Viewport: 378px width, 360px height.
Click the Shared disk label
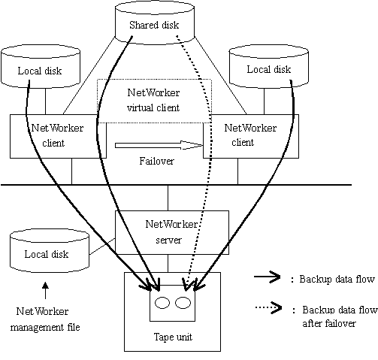tap(154, 25)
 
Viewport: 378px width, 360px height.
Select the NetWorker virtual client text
tap(153, 100)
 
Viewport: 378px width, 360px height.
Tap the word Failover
tap(156, 161)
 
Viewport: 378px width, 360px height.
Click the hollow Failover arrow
tap(159, 145)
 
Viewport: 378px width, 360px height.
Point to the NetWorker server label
tap(171, 232)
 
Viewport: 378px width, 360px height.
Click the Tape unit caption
tap(173, 337)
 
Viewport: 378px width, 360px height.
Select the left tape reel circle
tap(162, 303)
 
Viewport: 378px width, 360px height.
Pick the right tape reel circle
tap(183, 303)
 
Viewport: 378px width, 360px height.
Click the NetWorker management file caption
tap(45, 319)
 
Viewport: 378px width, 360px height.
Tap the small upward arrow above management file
tap(45, 291)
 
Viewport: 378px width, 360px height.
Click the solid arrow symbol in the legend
tap(268, 277)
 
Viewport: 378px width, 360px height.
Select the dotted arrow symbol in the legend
tap(268, 307)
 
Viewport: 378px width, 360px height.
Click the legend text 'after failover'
tap(329, 323)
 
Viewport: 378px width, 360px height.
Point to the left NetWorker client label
tap(57, 135)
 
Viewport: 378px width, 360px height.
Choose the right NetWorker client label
tap(250, 135)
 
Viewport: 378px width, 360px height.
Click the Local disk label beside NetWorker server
tap(47, 254)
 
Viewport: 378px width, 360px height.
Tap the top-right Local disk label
tap(269, 69)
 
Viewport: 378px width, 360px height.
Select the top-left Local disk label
tap(40, 71)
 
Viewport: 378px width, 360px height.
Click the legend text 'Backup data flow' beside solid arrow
tap(337, 279)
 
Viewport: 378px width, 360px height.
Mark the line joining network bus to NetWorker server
tap(168, 198)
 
